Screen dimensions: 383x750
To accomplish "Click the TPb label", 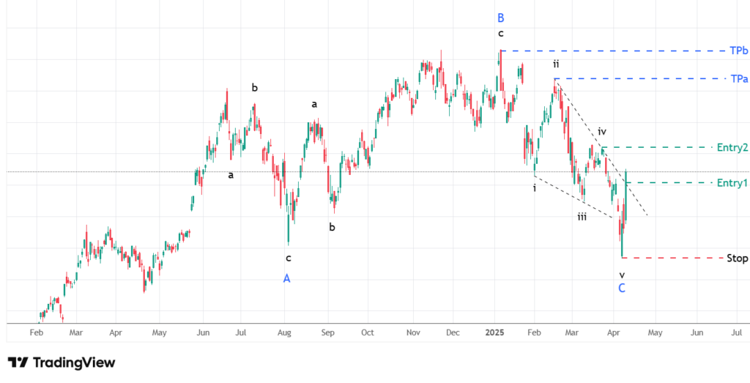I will coord(738,51).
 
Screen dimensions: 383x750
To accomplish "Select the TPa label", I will coord(738,78).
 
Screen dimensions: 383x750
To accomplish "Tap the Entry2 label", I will coord(732,147).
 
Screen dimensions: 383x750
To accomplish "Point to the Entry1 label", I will coord(732,182).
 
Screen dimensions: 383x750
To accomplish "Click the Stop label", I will coord(737,258).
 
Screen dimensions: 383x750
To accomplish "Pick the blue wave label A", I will coord(286,278).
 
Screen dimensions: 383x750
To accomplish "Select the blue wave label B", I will coord(501,18).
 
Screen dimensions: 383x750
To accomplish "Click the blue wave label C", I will coord(622,289).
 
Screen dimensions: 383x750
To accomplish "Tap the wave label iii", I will coord(582,217).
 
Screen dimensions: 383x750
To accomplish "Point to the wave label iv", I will coord(602,132).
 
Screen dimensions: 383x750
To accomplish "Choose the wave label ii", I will coord(556,64).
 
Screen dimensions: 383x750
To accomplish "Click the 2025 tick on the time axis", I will coord(496,332).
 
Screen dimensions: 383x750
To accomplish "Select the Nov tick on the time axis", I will coord(412,332).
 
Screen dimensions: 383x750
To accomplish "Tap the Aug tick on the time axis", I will coord(285,332).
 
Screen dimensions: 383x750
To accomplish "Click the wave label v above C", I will coord(622,275).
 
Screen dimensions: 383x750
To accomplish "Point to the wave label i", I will coord(534,188).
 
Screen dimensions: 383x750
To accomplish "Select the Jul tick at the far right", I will coord(735,332).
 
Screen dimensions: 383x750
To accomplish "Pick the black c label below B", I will coord(501,34).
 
